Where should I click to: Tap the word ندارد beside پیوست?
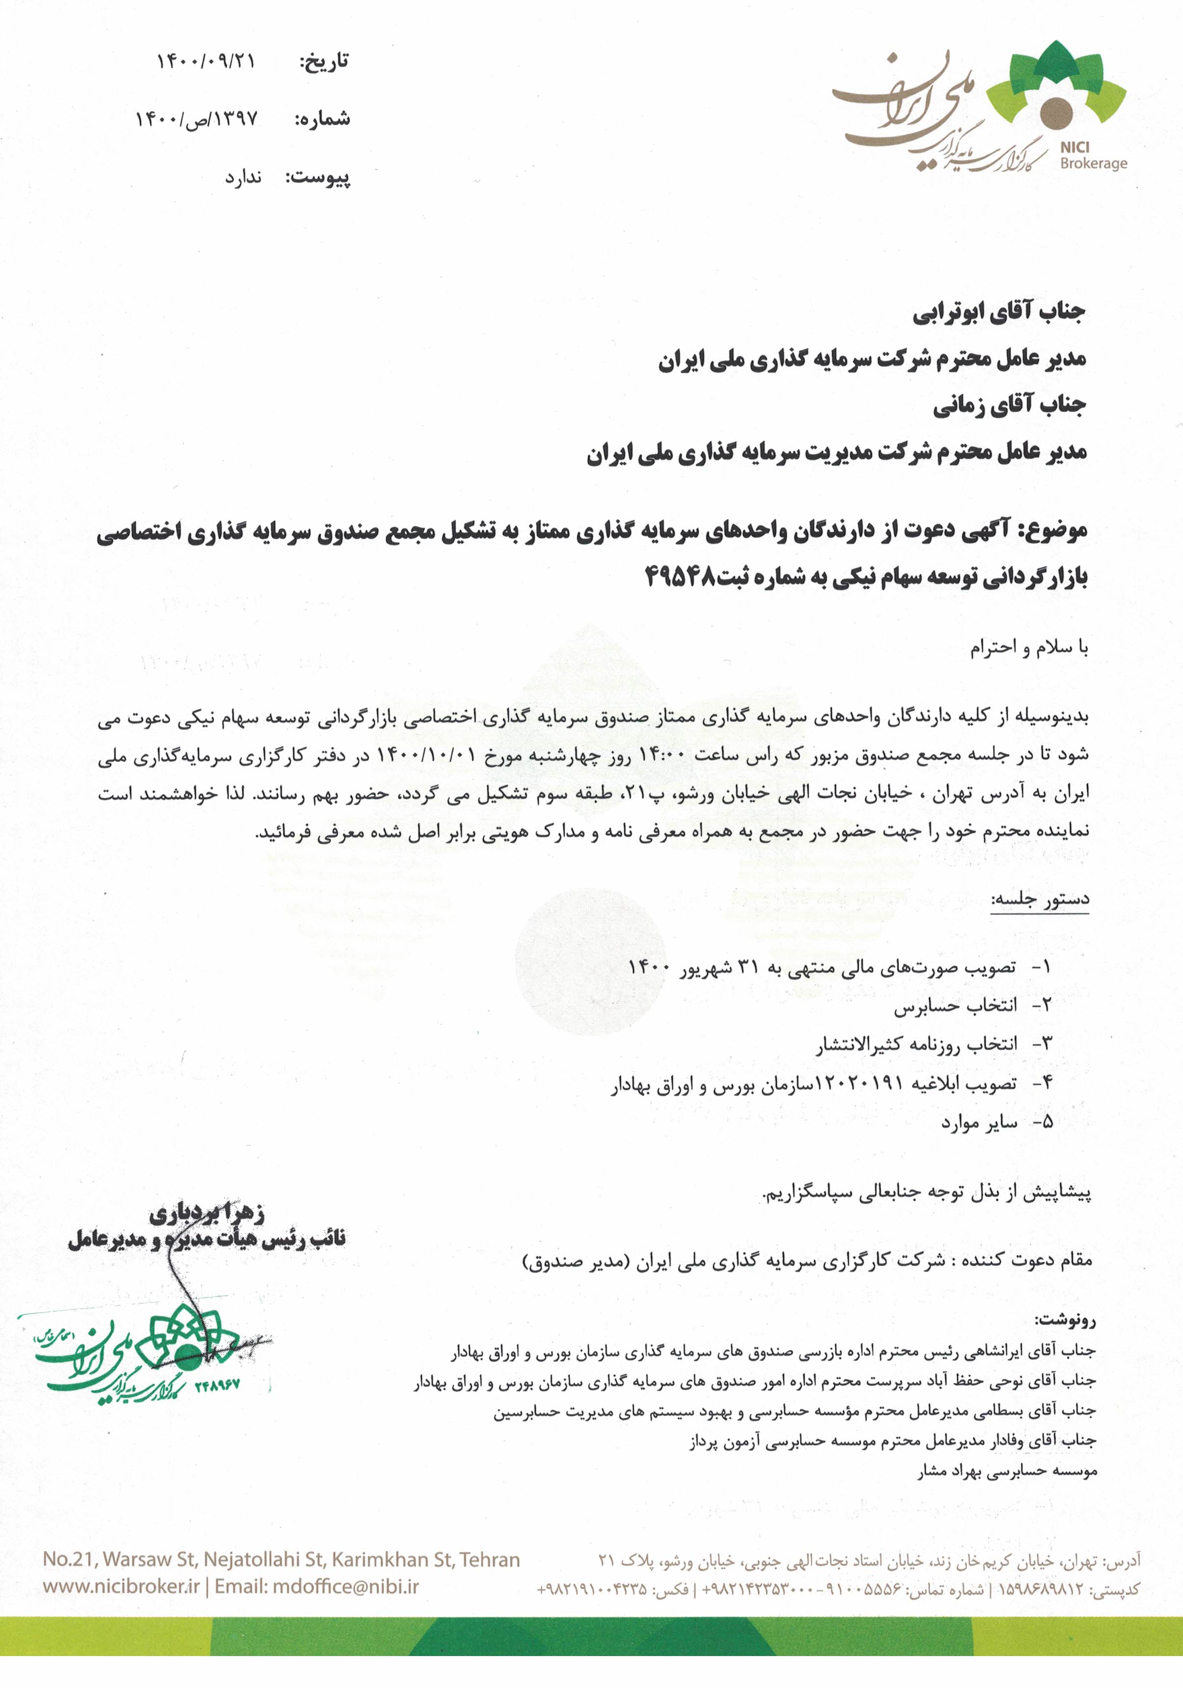click(244, 178)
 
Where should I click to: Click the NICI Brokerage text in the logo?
click(1093, 156)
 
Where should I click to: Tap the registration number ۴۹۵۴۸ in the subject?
click(680, 577)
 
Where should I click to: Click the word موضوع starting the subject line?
click(1056, 531)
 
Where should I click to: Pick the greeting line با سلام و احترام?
click(1029, 648)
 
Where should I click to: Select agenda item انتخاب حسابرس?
click(955, 1006)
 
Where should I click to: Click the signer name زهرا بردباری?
click(207, 1214)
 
